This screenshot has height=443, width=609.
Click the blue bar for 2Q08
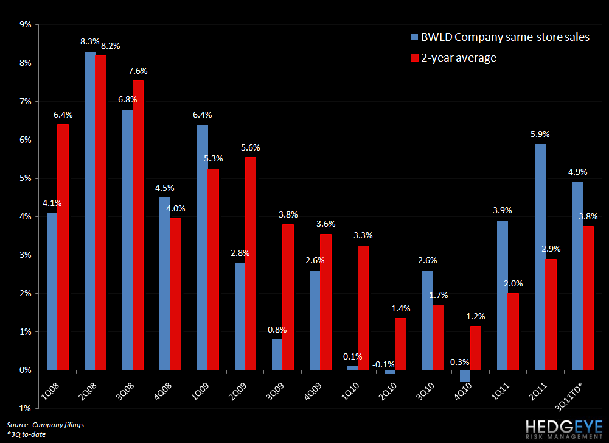click(90, 211)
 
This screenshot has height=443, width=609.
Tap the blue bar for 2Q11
click(540, 257)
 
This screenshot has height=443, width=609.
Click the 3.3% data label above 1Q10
click(363, 235)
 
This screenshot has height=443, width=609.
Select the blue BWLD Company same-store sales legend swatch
click(415, 37)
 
